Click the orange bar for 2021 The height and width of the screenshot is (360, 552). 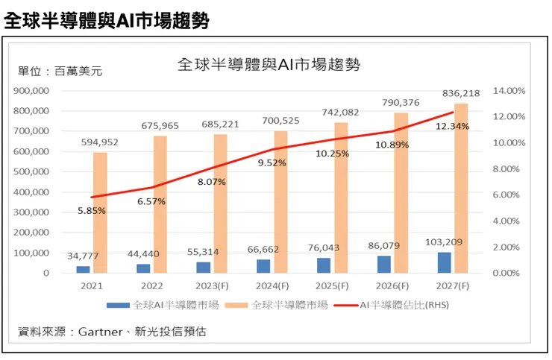(100, 212)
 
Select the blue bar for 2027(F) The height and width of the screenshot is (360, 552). (444, 262)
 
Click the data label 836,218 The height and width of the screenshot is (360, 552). (461, 93)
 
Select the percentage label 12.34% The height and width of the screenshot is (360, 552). (453, 126)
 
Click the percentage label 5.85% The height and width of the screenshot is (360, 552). (90, 210)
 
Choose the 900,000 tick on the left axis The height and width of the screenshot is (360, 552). (31, 90)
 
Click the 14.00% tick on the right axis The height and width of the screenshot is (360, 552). (510, 90)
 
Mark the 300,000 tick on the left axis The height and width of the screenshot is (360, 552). (31, 212)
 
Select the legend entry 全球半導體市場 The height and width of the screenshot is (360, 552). (286, 305)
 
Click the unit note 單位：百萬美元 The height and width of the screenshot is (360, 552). (60, 72)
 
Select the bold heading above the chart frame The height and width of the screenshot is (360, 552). (104, 20)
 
